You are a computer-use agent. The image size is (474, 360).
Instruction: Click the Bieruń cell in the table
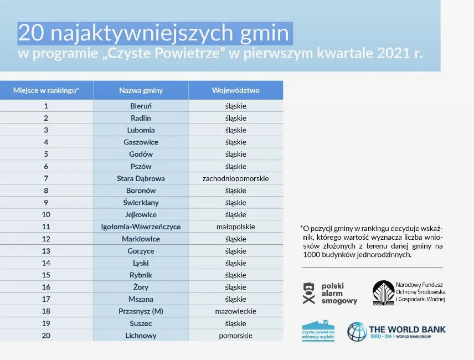point(141,106)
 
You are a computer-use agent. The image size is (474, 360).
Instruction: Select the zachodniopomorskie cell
point(235,179)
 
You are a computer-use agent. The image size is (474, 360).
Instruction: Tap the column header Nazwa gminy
point(141,90)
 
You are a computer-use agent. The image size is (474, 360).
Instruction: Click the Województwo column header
point(235,90)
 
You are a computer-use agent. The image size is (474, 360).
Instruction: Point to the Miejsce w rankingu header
point(46,90)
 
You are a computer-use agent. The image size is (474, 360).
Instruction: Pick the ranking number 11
point(46,227)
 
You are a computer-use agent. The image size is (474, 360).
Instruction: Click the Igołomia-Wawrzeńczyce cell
point(141,227)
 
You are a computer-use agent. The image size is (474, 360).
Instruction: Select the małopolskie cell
point(235,227)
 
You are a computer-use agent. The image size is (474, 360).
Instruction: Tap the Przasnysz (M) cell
point(141,311)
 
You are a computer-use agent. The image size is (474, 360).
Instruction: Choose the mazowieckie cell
point(235,311)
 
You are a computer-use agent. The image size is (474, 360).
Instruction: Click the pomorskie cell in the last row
point(235,336)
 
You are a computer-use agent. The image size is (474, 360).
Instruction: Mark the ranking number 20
point(46,336)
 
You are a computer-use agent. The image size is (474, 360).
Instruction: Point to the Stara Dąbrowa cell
point(141,179)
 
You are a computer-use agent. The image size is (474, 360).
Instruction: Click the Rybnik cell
point(141,275)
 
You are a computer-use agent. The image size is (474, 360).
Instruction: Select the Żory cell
point(141,287)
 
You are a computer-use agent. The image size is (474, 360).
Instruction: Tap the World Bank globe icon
point(357,332)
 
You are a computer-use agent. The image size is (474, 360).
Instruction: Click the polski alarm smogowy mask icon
point(308,293)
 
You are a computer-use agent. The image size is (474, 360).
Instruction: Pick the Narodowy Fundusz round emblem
point(383,292)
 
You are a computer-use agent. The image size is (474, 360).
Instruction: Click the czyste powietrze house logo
point(318,331)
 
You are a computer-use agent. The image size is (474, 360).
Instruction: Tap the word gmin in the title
point(265,33)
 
